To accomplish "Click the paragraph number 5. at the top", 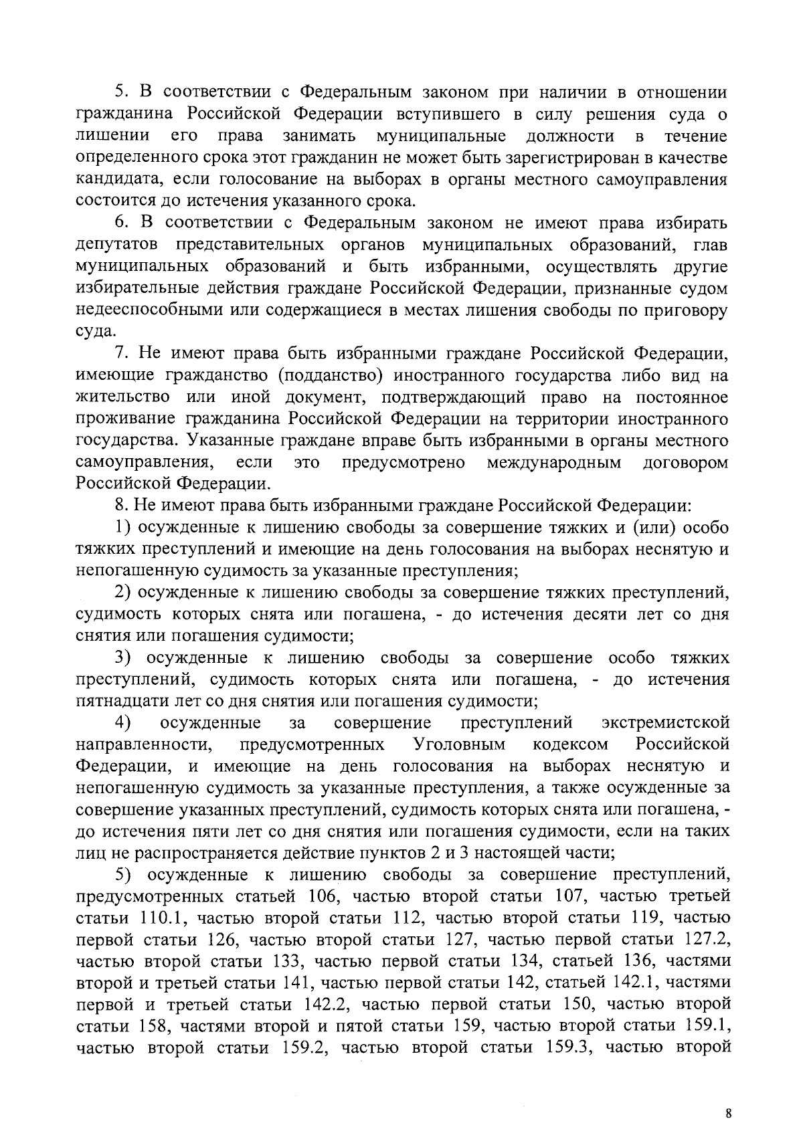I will (x=120, y=92).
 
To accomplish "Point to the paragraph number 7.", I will (x=120, y=354).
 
